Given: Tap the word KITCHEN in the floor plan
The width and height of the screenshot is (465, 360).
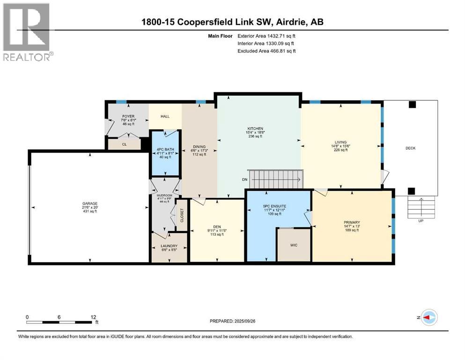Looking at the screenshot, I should pyautogui.click(x=256, y=128).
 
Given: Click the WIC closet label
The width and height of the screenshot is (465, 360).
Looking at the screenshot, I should pyautogui.click(x=294, y=245).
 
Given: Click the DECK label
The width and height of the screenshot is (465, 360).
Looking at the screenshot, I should pyautogui.click(x=410, y=148).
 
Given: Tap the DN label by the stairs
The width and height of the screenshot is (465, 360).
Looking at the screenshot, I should pyautogui.click(x=237, y=179).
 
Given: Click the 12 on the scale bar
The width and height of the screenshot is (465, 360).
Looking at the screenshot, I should pyautogui.click(x=93, y=316).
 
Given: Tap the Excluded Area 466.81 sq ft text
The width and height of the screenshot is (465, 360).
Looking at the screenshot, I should pyautogui.click(x=266, y=51).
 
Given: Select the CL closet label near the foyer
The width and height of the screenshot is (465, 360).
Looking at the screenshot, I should pyautogui.click(x=124, y=144).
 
